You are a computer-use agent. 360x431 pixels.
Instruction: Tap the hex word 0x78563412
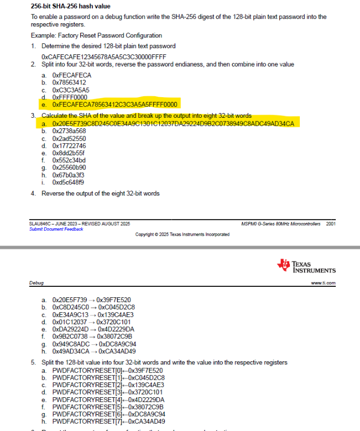tap(69, 82)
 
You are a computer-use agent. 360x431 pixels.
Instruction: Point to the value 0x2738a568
tap(69, 130)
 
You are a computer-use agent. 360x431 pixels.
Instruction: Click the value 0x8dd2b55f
tap(69, 153)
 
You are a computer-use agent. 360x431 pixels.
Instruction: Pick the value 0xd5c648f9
tap(68, 182)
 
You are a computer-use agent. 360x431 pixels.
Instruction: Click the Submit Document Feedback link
tap(56, 229)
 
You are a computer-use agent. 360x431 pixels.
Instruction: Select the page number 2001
tap(331, 224)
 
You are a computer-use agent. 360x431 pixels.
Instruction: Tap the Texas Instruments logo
tap(306, 266)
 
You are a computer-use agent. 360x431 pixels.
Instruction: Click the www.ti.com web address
tap(324, 283)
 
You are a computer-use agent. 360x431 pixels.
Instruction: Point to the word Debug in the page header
tap(36, 283)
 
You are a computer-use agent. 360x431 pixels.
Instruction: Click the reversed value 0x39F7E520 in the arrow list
tap(114, 299)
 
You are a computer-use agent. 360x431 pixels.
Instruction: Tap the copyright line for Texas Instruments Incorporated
tap(182, 234)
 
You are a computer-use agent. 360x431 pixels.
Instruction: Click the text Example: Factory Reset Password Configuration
tap(97, 35)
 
